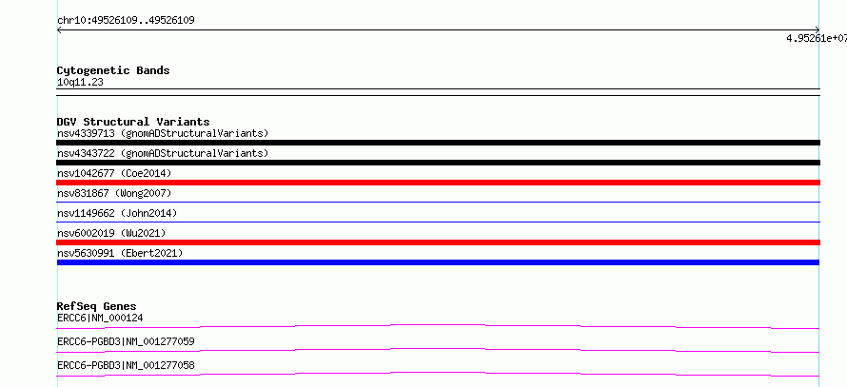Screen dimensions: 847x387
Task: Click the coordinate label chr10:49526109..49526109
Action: (126, 21)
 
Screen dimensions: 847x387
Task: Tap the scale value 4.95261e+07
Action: (817, 38)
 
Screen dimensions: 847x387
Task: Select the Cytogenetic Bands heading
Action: (113, 70)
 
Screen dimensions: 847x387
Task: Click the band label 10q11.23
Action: (80, 83)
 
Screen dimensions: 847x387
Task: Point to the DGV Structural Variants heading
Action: (133, 122)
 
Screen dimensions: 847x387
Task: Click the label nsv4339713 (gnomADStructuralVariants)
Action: (163, 133)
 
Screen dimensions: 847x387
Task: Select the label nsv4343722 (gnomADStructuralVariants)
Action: (163, 153)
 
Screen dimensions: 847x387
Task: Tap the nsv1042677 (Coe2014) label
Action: (114, 173)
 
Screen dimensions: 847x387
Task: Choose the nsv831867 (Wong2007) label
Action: (114, 193)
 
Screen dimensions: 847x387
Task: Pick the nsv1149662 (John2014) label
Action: (117, 213)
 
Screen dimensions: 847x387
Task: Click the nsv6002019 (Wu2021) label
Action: (111, 233)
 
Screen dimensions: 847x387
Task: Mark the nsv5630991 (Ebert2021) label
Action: (120, 253)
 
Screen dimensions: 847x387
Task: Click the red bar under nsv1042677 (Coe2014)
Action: (438, 183)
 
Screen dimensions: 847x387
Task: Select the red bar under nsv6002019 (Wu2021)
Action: (438, 242)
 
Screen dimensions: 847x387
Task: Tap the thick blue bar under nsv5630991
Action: (438, 262)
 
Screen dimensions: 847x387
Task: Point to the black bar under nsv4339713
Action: (438, 143)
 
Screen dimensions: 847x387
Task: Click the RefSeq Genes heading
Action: (97, 306)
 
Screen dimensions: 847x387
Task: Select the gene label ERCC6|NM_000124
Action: (100, 318)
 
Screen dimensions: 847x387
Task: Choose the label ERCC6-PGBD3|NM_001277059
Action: (126, 341)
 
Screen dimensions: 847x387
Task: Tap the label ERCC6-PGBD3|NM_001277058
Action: (126, 365)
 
